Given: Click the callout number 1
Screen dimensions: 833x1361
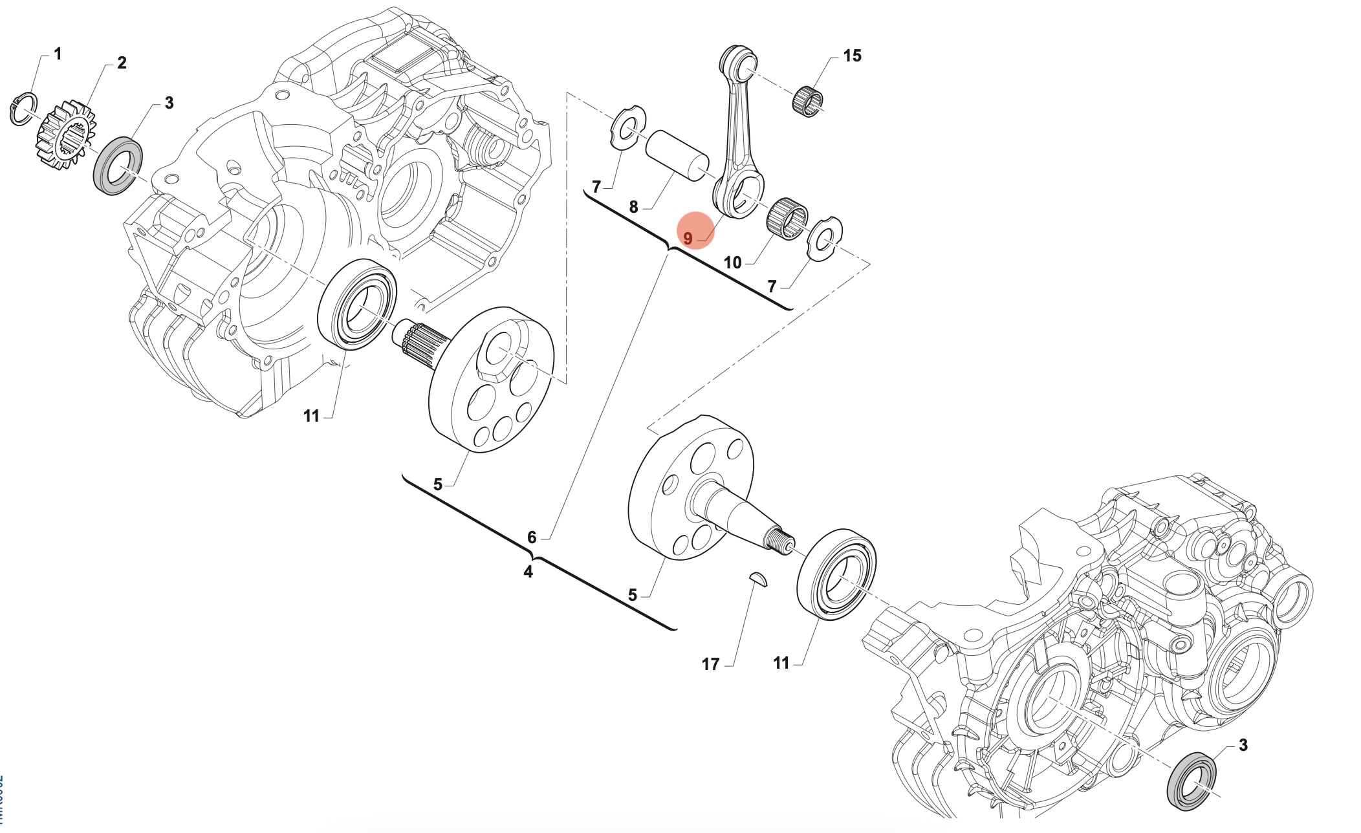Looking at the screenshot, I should (x=58, y=54).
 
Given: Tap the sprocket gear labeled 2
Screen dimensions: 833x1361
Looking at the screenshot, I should (x=65, y=135).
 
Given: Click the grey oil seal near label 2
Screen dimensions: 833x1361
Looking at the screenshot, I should (x=119, y=166).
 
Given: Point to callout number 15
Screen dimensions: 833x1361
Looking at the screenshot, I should (x=852, y=56).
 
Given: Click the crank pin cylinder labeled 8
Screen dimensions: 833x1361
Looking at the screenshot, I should (x=677, y=155).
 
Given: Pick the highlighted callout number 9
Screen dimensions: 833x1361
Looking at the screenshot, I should (x=688, y=239).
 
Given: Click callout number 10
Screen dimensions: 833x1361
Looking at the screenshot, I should (x=732, y=263).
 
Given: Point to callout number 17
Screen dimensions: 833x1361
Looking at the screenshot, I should (x=710, y=664).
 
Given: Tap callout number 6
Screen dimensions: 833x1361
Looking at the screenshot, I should (x=532, y=537).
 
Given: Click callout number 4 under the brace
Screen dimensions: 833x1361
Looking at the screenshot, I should (x=528, y=572).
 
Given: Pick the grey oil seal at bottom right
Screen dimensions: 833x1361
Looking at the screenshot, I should (x=1191, y=781).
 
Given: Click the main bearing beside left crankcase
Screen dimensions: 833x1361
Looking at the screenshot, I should (x=357, y=304).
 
